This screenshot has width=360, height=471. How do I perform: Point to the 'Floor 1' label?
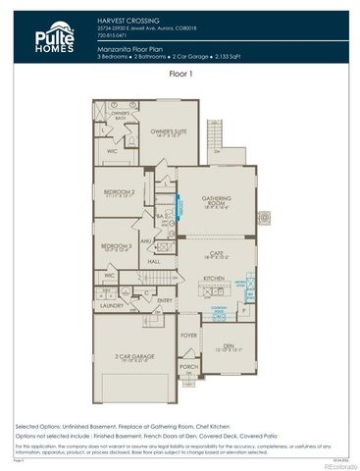(x=180, y=74)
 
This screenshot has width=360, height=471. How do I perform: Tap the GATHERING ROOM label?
(x=216, y=201)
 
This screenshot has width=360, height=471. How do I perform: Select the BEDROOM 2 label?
(x=119, y=192)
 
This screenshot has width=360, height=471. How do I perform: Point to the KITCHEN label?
(x=216, y=279)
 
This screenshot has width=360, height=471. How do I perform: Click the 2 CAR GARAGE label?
(x=130, y=357)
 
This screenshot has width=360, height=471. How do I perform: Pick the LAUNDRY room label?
(x=111, y=305)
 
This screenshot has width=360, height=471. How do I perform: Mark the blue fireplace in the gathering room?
(x=178, y=207)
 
